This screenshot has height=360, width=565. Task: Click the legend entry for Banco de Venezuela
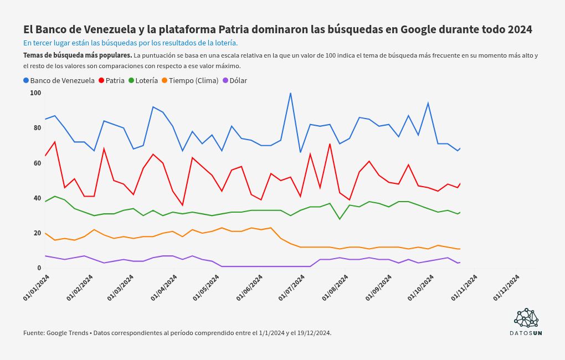[59, 80]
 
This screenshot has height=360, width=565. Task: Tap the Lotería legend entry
[143, 80]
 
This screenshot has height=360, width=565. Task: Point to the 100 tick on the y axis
[35, 93]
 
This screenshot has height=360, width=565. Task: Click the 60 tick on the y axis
[37, 163]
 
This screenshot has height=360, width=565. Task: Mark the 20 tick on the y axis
[37, 233]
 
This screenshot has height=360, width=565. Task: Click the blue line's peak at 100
[290, 93]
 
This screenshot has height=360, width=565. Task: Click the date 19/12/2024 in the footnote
[313, 333]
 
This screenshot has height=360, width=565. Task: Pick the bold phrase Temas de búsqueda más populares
[78, 55]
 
